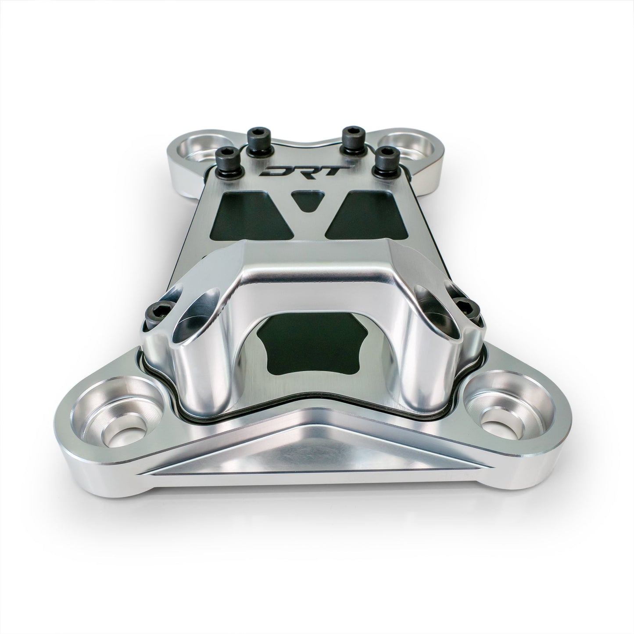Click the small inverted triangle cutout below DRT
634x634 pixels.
pos(305,199)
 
